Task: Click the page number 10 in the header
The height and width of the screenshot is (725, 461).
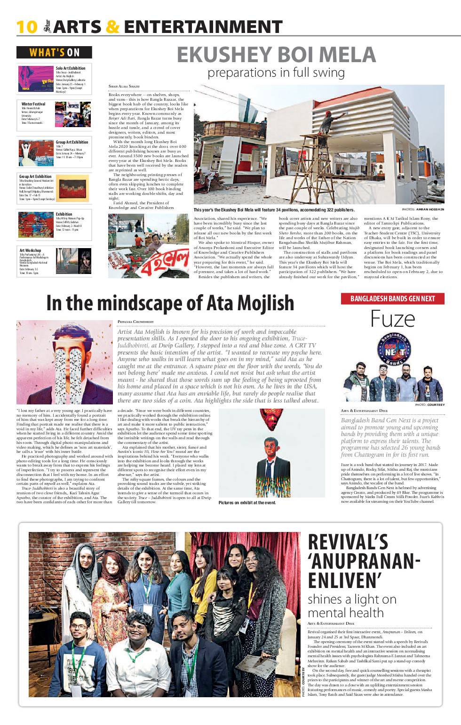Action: pos(26,27)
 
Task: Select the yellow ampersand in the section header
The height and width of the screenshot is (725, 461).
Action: pos(112,27)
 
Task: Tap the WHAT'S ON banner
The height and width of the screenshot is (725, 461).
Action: pos(54,52)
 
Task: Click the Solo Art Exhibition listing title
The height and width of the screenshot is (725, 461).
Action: pos(71,68)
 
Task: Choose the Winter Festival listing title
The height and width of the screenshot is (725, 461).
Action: pos(33,104)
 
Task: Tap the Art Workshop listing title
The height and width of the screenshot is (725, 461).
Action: pos(30,250)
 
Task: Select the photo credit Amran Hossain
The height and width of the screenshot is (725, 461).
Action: pos(429,209)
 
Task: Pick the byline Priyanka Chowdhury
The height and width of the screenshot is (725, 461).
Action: pos(135,322)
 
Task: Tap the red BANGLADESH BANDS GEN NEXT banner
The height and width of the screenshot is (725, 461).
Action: pos(392,298)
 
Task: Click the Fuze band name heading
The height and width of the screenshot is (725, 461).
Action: pos(392,319)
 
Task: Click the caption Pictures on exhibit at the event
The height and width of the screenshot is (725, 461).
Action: pos(247,503)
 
